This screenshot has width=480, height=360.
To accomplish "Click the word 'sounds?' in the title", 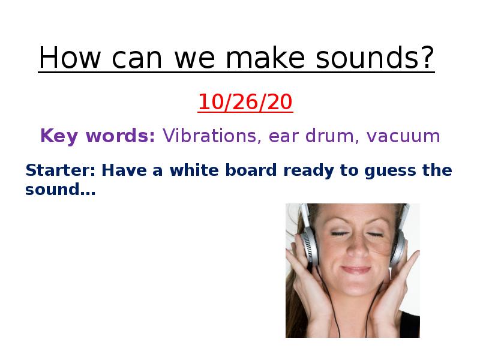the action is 374,58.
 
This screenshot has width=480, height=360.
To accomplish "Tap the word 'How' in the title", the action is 70,57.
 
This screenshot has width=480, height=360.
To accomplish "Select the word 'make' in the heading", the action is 265,57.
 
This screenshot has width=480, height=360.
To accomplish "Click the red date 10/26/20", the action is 245,102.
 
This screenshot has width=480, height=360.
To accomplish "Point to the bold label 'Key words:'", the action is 98,136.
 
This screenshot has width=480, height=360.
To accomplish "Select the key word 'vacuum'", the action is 403,136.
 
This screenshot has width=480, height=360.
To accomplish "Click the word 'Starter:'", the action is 61,170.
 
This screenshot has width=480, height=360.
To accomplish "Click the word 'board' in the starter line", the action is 251,170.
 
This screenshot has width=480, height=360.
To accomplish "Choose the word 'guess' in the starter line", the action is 390,171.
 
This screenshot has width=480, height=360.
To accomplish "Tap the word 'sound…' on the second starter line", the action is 61,189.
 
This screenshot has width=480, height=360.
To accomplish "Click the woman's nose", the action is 357,248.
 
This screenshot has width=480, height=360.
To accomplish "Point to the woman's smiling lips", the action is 356,269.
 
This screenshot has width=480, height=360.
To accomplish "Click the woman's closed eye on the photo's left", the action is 339,234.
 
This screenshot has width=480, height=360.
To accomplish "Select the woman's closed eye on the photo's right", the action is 374,235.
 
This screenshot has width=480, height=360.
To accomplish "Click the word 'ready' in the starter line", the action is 308,171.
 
